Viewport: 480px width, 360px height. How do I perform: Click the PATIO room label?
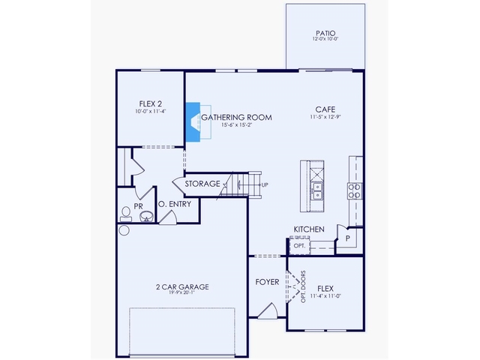325,33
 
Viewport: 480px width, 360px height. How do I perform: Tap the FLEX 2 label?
151,103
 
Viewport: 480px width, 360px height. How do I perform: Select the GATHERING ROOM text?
236,118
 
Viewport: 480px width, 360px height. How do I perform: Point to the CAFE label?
325,109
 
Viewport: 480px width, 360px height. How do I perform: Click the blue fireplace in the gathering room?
193,121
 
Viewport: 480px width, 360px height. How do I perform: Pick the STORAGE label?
202,184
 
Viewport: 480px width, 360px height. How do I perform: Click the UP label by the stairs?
264,184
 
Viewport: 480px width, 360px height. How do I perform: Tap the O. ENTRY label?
175,204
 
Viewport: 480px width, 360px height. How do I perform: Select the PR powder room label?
139,204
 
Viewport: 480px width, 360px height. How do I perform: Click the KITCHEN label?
308,229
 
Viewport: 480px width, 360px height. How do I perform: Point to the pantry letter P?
347,238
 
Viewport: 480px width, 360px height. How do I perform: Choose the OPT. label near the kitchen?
299,245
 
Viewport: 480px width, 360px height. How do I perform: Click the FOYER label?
267,282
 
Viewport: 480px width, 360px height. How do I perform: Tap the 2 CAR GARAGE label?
182,286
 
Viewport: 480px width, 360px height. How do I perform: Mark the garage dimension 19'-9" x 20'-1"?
182,294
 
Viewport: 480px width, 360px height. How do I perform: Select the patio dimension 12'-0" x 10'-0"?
325,40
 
